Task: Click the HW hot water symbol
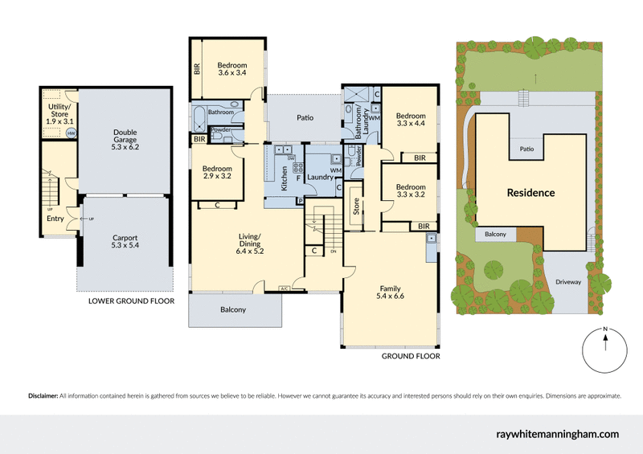coord(71,133)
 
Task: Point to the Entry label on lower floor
coord(55,219)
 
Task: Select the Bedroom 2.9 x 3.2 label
coord(217,170)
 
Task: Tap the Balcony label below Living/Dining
coord(234,310)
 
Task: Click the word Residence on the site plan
coord(530,193)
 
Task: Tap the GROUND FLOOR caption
coord(411,355)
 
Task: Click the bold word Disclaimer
coord(43,395)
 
